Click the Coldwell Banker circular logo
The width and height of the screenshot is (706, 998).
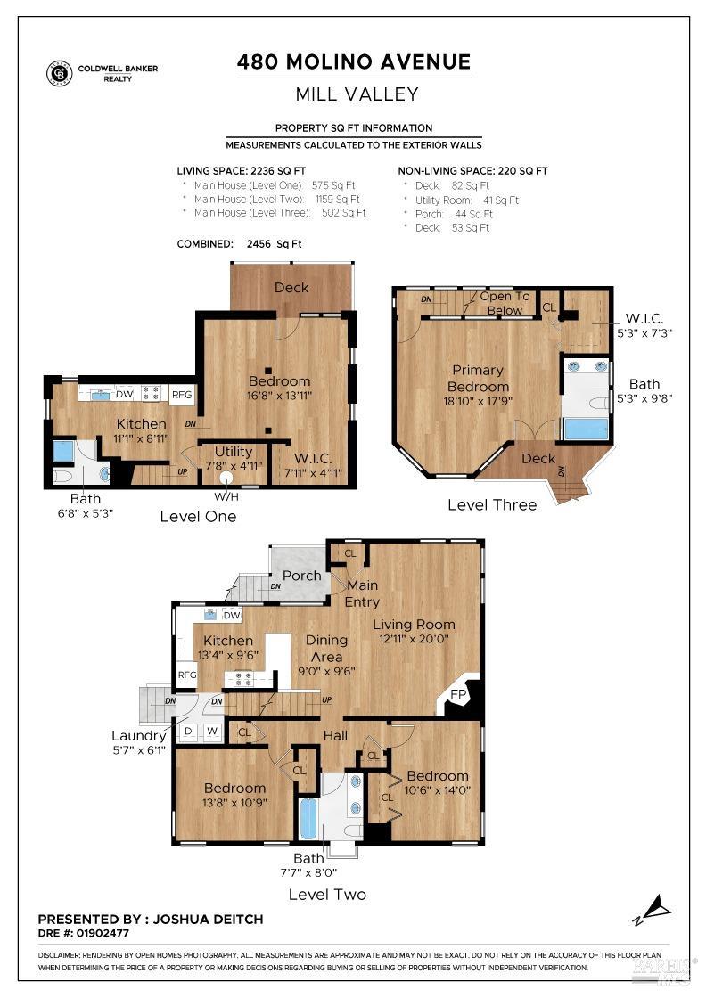tap(59, 72)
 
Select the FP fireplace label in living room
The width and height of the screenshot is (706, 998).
tap(458, 694)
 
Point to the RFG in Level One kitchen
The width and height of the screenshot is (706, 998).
tap(182, 395)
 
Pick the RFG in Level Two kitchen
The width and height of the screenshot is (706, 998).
tap(186, 675)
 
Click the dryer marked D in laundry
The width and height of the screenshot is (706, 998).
tap(188, 732)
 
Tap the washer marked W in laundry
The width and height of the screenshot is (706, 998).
tap(213, 732)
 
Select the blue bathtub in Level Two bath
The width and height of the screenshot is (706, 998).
tap(308, 819)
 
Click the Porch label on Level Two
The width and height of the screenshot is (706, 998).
tap(302, 576)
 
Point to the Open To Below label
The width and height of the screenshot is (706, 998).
tap(505, 304)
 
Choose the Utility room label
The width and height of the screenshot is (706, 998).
tap(234, 451)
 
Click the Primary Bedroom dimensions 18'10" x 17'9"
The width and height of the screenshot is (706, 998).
tap(478, 401)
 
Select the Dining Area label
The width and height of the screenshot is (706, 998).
tap(326, 648)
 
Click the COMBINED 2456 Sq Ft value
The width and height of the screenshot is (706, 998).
tap(274, 244)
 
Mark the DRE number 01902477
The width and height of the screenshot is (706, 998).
tap(103, 933)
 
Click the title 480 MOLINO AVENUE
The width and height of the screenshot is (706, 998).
tap(354, 61)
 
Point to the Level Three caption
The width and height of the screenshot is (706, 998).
tap(492, 504)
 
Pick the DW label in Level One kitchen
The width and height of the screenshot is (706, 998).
tap(124, 394)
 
